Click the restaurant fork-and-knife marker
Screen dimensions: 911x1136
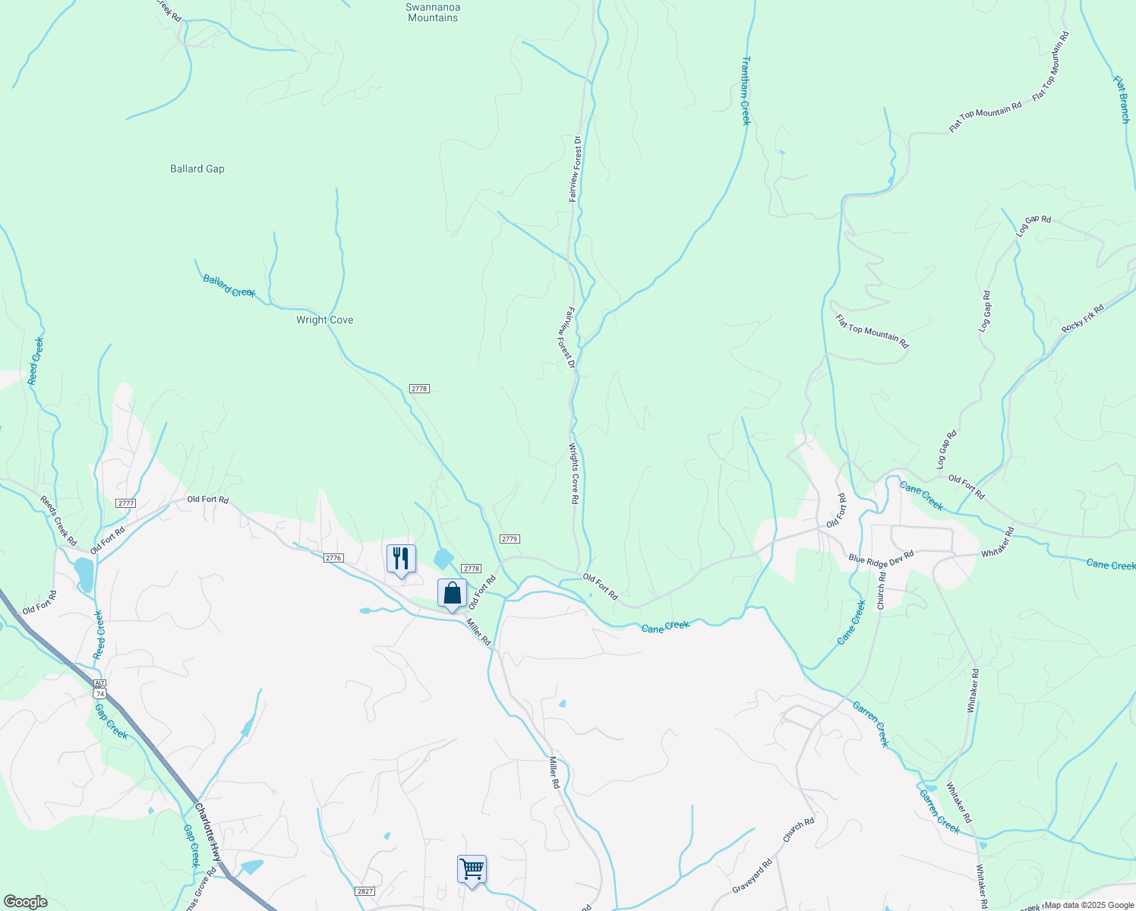pos(401,560)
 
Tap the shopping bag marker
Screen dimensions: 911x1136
pos(452,594)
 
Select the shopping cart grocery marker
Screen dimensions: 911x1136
pos(472,868)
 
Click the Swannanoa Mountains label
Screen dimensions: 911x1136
pos(433,12)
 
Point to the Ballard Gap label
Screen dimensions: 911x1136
pos(197,169)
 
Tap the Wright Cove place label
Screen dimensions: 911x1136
pos(324,320)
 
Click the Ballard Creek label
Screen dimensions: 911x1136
pos(229,286)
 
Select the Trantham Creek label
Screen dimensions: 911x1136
pos(745,90)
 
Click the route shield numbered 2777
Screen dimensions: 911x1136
pos(126,503)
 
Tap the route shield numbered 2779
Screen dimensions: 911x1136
pos(509,539)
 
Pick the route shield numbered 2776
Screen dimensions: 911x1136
pos(333,558)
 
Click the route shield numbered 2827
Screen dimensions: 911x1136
pos(364,891)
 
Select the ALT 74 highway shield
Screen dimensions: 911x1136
pos(99,689)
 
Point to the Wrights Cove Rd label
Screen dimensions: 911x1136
pos(574,474)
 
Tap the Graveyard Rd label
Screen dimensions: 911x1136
pos(753,875)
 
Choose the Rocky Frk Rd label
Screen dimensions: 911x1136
pos(1083,317)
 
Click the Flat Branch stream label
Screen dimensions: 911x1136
pos(1122,99)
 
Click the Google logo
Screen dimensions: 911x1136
pos(25,902)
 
